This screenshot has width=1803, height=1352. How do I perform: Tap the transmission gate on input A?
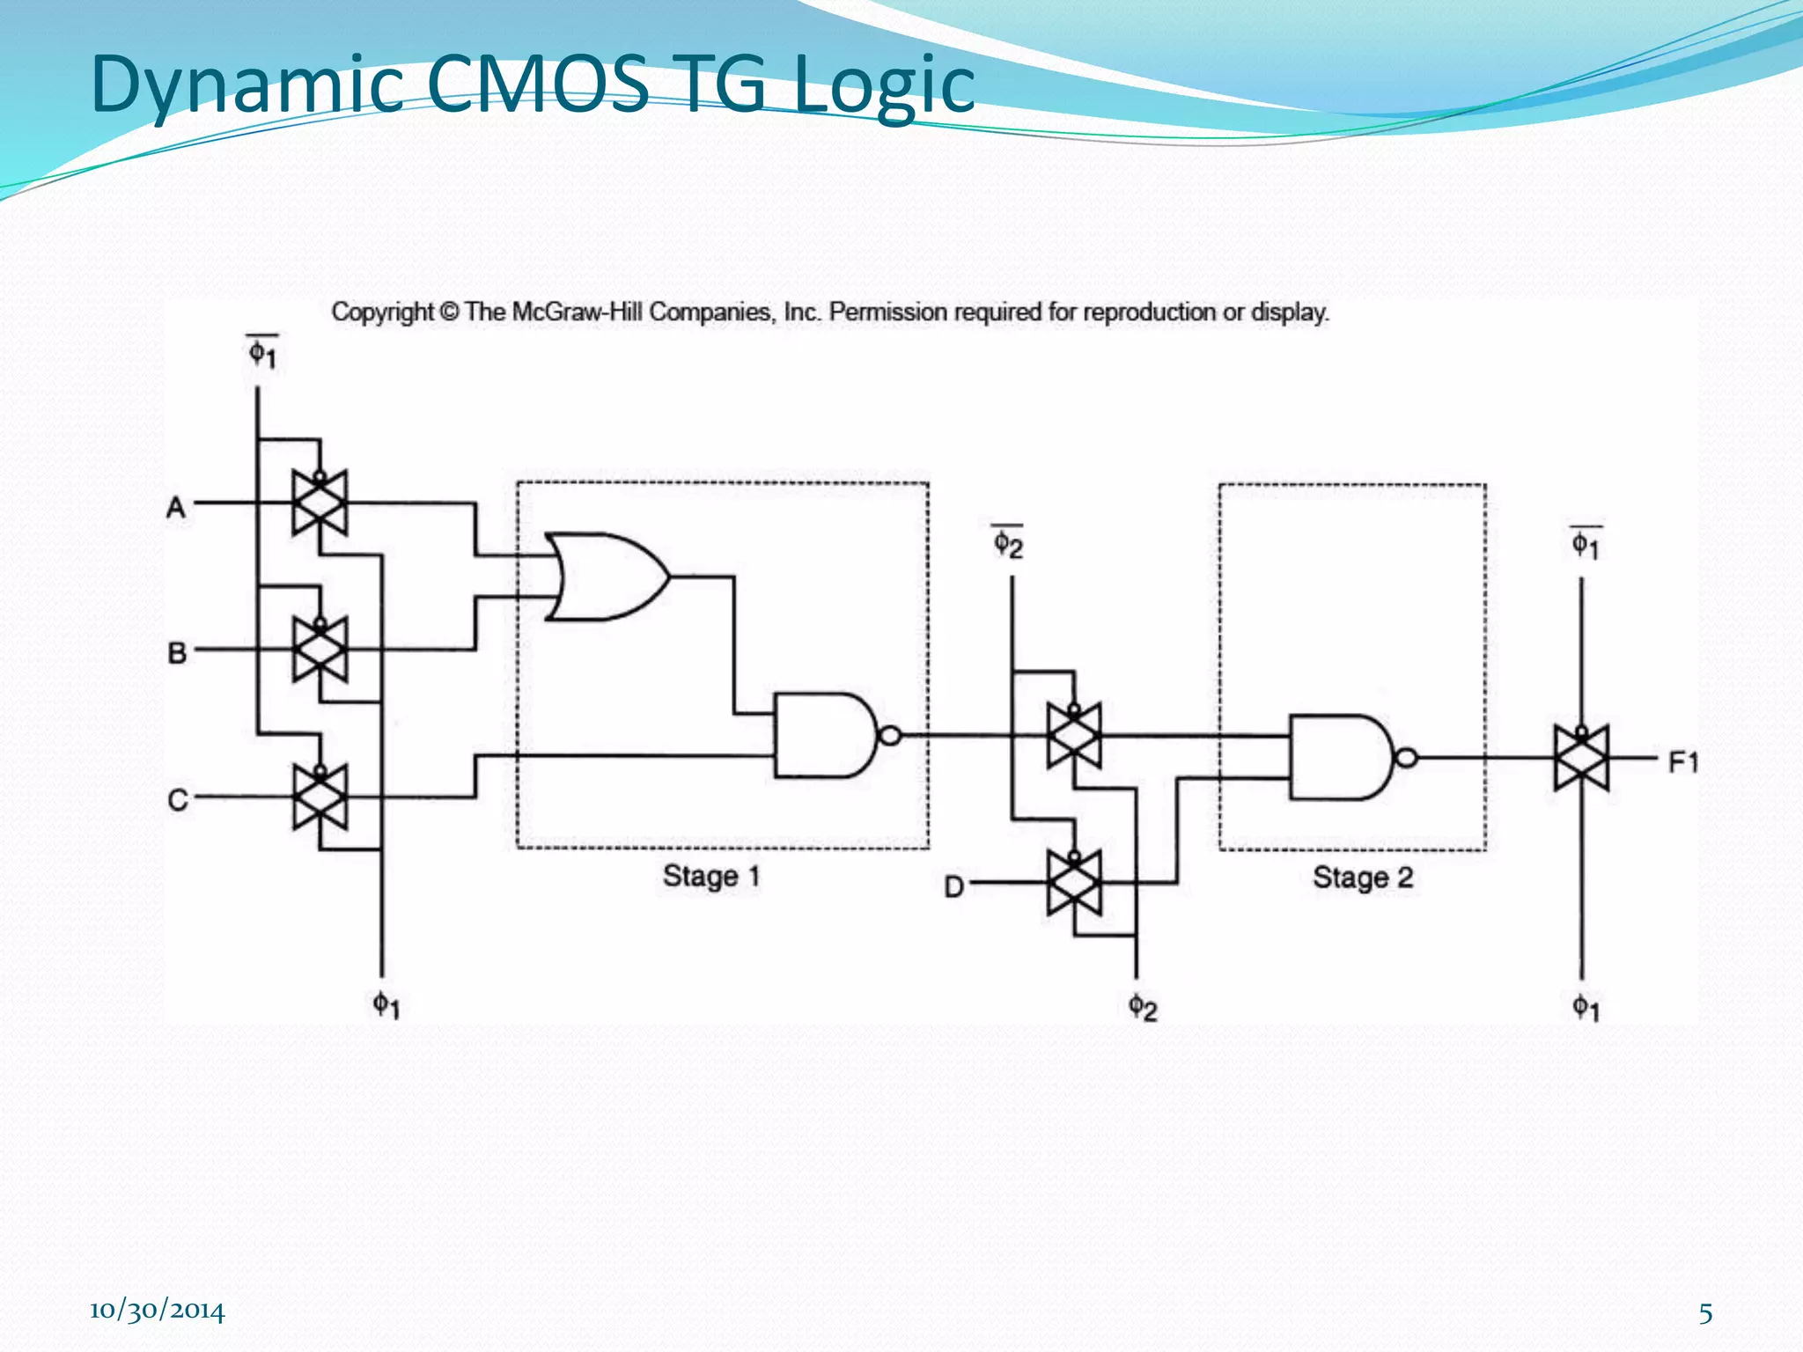(x=320, y=503)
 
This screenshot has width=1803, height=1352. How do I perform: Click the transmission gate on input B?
(x=320, y=650)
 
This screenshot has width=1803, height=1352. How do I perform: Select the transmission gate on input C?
(x=320, y=797)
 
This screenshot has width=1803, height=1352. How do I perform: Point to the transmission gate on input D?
(x=1074, y=882)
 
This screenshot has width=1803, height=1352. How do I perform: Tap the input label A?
(x=176, y=508)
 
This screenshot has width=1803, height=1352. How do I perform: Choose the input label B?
(x=177, y=653)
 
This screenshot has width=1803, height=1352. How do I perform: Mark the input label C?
(x=177, y=800)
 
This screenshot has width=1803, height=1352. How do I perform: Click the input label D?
(x=953, y=886)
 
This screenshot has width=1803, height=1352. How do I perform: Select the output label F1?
(x=1683, y=761)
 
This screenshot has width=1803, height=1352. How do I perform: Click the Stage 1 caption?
(x=711, y=877)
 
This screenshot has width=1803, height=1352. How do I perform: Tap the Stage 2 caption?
(x=1363, y=878)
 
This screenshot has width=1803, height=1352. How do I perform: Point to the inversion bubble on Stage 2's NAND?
(x=1407, y=757)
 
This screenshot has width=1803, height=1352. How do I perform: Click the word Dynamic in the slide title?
(x=247, y=84)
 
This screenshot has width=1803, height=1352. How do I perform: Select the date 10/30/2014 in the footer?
(x=157, y=1311)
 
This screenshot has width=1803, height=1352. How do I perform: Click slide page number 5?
(x=1705, y=1313)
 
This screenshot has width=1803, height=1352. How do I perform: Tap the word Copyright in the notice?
(x=382, y=312)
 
